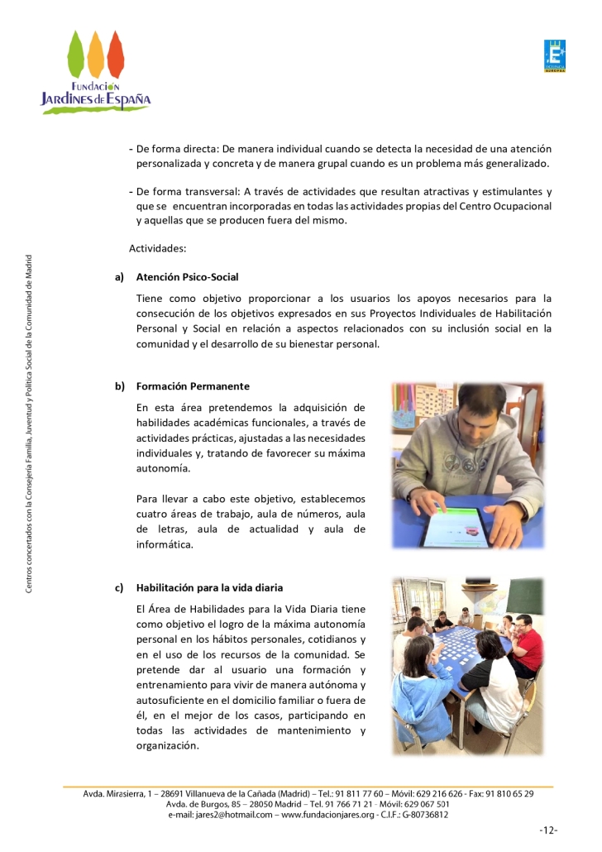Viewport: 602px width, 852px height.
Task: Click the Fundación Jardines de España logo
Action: (x=96, y=72)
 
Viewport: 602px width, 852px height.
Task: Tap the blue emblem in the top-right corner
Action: (x=554, y=55)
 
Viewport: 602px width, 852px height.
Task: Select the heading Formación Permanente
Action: (x=193, y=386)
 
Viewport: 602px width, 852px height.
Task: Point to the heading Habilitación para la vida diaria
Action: (x=209, y=588)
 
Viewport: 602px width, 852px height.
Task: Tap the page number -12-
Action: (x=548, y=830)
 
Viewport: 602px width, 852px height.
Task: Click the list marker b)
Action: (x=120, y=386)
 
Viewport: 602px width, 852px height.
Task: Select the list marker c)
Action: (x=120, y=588)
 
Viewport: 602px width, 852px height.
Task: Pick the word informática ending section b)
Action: (x=164, y=544)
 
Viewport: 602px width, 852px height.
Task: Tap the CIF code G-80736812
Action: (x=423, y=814)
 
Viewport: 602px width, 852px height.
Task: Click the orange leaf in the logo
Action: (x=96, y=50)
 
